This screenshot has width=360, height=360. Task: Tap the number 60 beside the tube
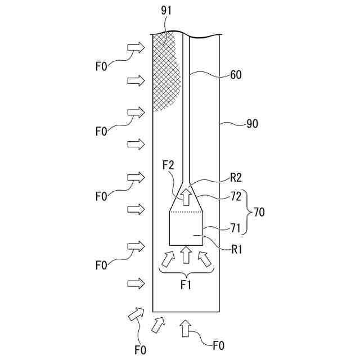[x=236, y=74]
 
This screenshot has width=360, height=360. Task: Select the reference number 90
[x=252, y=124]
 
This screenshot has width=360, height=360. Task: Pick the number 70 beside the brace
[x=259, y=213]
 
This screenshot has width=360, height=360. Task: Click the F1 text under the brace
[x=186, y=285]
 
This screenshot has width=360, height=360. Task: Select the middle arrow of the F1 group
[x=186, y=255]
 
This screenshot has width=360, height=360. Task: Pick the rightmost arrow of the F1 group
[x=205, y=258]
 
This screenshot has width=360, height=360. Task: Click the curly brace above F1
[x=186, y=272]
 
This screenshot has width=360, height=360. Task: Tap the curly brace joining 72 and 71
[x=248, y=213]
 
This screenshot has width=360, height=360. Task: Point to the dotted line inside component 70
[x=186, y=212]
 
